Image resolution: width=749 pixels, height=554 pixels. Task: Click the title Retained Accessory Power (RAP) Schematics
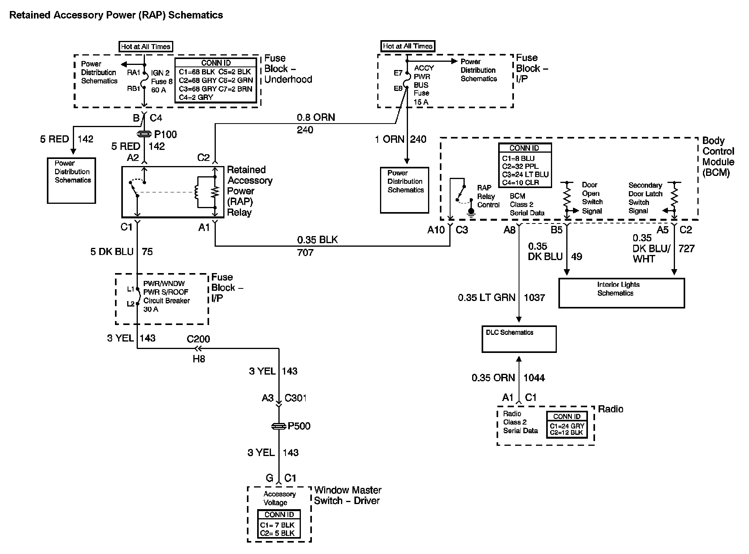(x=116, y=15)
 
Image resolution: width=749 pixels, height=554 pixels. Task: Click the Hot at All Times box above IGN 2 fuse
(x=146, y=46)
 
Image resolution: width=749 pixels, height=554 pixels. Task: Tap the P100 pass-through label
(x=165, y=135)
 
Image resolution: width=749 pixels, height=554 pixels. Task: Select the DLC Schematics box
(x=519, y=339)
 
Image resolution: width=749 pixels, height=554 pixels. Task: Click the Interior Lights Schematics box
(x=621, y=293)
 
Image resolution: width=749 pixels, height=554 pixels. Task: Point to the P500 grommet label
(x=299, y=426)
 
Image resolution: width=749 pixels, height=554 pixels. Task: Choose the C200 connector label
(x=198, y=339)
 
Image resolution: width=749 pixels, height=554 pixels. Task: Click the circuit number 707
(x=305, y=252)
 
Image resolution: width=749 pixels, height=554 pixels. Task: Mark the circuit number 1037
(x=534, y=298)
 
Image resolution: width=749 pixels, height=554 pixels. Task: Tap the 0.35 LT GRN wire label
(x=486, y=298)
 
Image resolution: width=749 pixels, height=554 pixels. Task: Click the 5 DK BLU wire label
(x=112, y=252)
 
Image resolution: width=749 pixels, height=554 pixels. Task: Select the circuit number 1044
(x=534, y=378)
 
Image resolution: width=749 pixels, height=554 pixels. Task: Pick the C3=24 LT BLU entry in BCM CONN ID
(x=525, y=175)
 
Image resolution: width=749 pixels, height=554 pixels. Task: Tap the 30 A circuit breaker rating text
(x=150, y=309)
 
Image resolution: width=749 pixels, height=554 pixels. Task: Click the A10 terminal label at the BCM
(x=436, y=230)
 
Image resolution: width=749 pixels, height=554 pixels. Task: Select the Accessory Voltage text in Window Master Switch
(x=279, y=499)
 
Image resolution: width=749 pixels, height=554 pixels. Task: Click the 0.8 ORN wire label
(x=316, y=118)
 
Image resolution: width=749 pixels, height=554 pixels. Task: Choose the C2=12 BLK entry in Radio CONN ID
(x=567, y=433)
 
